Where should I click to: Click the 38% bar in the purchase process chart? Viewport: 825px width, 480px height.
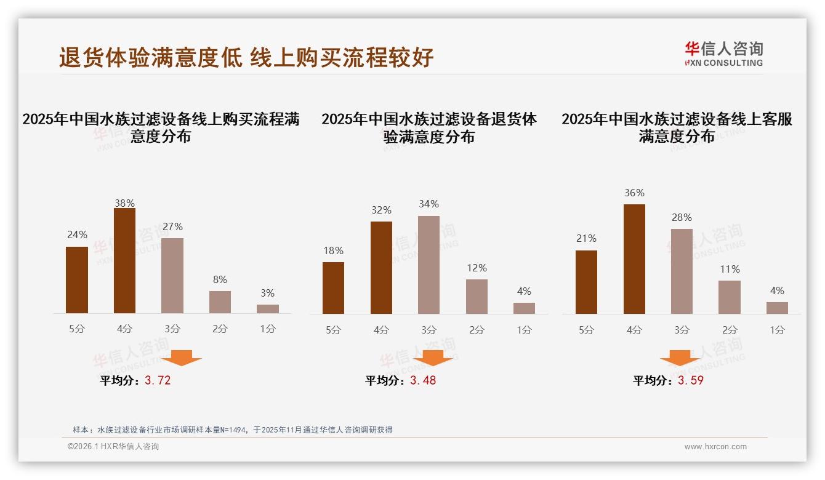coord(124,261)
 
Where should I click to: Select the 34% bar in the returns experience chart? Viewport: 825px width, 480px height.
coord(429,265)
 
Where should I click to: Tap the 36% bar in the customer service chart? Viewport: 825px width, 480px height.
coord(634,259)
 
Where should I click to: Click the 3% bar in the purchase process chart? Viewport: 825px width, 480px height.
coord(267,309)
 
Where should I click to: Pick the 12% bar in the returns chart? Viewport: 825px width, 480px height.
coord(477,297)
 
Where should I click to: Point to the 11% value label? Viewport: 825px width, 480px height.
coord(730,269)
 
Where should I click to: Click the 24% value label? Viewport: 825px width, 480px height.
coord(77,234)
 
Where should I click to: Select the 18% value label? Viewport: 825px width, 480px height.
coord(333,250)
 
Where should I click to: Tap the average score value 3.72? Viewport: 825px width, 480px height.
coord(158,380)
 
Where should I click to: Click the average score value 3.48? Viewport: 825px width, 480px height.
coord(423,380)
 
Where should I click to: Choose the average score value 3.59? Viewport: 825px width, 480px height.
coord(691,380)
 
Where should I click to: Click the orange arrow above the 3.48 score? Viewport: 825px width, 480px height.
coord(433,358)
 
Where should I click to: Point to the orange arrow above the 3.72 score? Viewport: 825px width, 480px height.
coord(182,358)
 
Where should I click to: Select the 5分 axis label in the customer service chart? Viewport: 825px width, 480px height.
coord(586,330)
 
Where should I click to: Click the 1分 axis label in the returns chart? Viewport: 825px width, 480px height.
coord(524,330)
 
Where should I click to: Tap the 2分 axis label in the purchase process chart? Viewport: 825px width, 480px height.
coord(220,329)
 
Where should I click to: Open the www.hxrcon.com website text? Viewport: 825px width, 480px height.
coord(715,447)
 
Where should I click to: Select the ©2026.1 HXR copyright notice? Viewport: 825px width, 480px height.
coord(113,447)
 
